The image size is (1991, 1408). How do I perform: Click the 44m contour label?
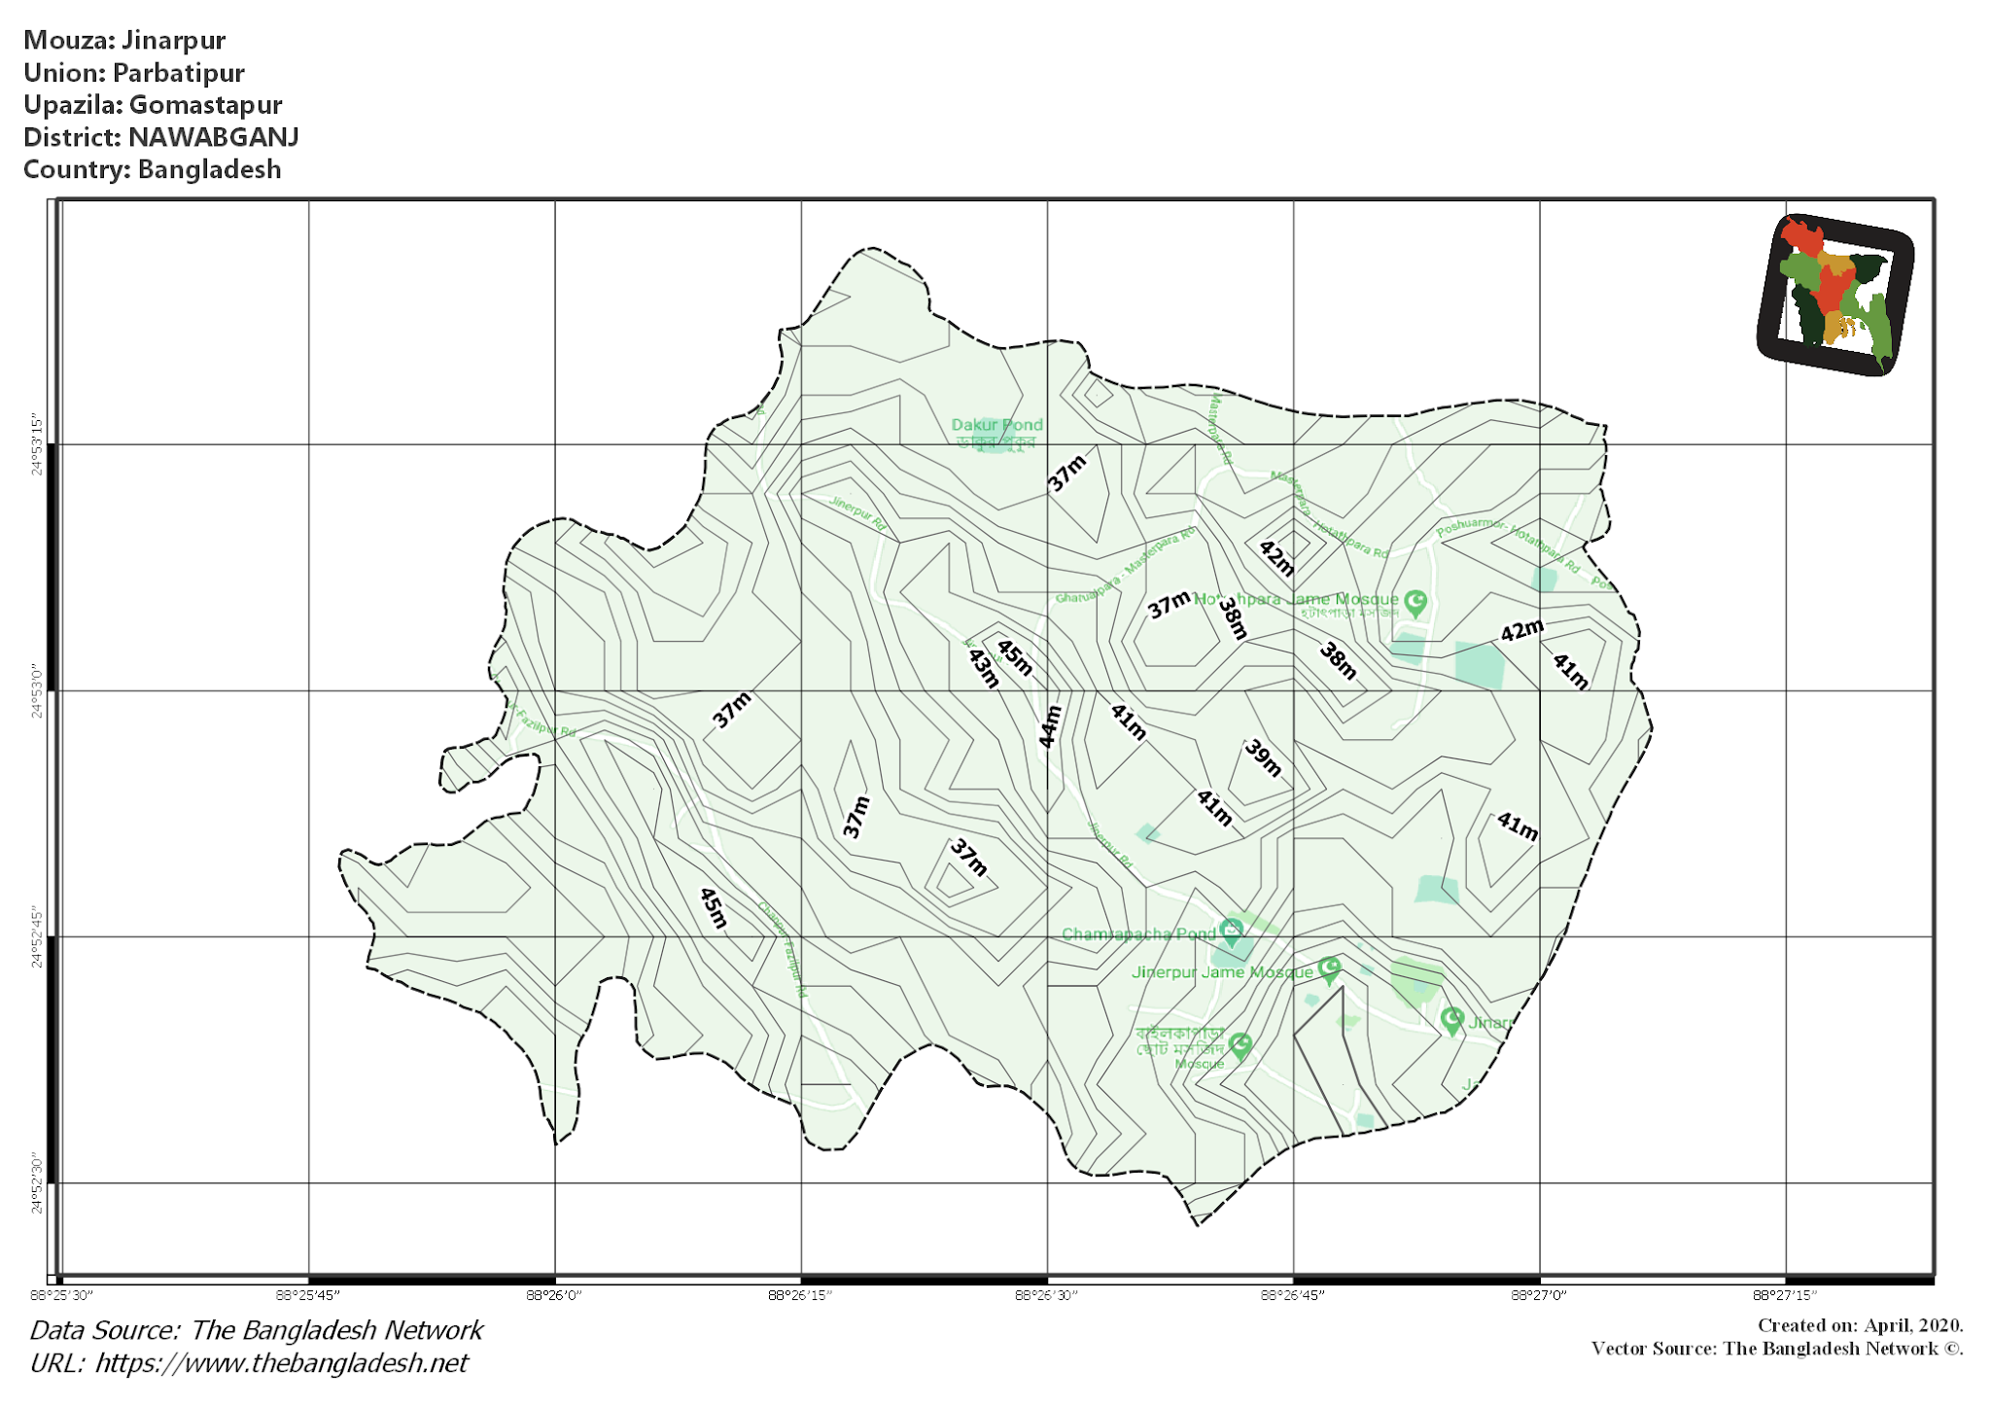coord(1050,726)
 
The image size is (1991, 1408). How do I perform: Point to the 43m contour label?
coord(984,668)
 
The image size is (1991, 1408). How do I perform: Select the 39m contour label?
coord(1264,757)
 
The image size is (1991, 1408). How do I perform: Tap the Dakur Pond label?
coord(996,425)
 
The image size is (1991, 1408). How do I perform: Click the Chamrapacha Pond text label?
coord(1137,934)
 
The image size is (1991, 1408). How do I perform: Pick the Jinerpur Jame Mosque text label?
coord(1222,972)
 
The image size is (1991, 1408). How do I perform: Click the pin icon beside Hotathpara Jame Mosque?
coord(1415,603)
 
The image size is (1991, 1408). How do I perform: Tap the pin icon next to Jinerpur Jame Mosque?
coord(1330,968)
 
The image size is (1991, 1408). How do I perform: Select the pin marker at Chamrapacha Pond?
coord(1231,932)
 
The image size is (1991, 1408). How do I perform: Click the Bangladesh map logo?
coord(1834,295)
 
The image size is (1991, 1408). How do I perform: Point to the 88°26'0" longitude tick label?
coord(554,1295)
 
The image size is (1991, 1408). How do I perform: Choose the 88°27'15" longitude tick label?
coord(1785,1295)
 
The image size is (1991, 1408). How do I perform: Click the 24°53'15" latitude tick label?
coord(37,444)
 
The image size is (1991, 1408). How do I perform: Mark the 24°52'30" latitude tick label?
coord(37,1183)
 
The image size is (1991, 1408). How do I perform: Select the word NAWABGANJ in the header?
coord(213,137)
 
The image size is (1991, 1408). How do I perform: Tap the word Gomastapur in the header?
coord(205,105)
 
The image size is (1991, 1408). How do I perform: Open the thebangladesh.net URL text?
coord(281,1363)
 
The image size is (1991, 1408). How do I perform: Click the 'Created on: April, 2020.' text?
coord(1860,1325)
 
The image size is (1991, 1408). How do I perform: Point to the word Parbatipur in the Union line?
coord(178,73)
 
